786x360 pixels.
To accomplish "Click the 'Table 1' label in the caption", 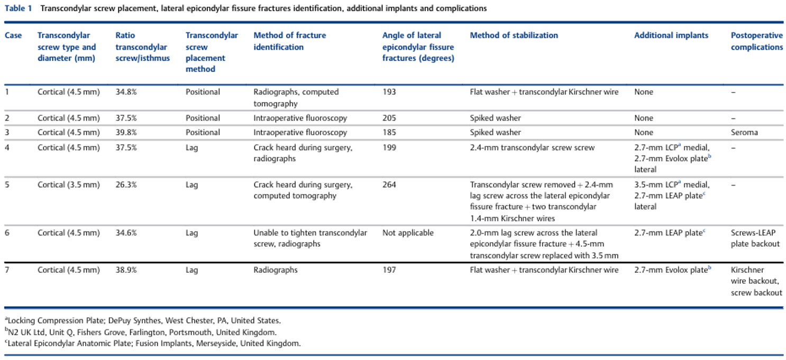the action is (x=18, y=8).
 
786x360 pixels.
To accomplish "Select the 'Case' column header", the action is (x=13, y=35).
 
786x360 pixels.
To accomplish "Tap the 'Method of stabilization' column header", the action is (x=514, y=35).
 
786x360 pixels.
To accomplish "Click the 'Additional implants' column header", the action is (x=671, y=35).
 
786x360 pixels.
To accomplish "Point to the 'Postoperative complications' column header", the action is (x=756, y=41).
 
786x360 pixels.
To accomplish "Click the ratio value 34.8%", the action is (x=126, y=92).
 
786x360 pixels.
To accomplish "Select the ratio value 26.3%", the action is (x=126, y=184).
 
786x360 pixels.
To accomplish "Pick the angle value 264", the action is (x=389, y=184).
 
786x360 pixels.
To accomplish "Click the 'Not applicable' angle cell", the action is (x=408, y=233).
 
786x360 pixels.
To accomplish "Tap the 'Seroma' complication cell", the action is (x=744, y=133).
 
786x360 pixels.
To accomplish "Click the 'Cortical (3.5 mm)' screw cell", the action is (x=69, y=184).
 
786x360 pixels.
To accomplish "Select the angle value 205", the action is (x=389, y=118).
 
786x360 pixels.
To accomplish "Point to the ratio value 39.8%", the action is (x=126, y=133).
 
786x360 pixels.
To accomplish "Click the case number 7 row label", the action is (x=7, y=270).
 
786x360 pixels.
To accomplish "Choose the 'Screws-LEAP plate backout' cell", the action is (x=755, y=238).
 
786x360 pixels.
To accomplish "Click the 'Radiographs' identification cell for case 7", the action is (x=276, y=270).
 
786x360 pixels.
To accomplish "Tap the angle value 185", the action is (x=389, y=133).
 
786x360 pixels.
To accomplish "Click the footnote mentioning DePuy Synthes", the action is (x=143, y=320).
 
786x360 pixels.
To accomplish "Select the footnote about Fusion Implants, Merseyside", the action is (x=153, y=343).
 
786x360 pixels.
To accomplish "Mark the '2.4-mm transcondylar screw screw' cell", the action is (x=532, y=147).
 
